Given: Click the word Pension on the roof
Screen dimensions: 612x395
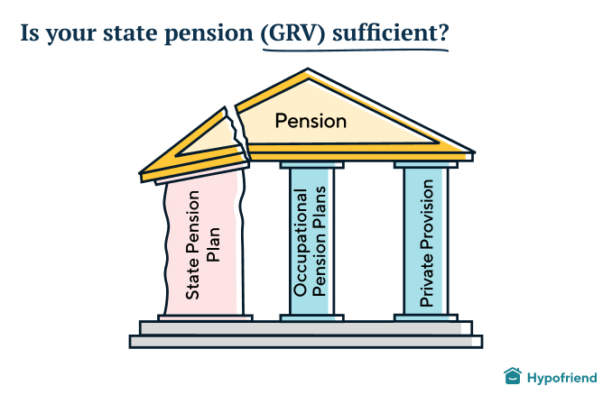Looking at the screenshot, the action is click(311, 121).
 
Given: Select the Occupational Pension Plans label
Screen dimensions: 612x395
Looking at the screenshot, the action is click(310, 242).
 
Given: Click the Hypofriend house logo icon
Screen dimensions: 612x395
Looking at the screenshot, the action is click(513, 375).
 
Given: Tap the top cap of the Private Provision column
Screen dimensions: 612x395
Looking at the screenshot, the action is click(427, 165).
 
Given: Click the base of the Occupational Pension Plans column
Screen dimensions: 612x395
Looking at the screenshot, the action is click(311, 317).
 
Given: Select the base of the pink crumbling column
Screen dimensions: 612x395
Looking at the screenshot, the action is click(205, 317).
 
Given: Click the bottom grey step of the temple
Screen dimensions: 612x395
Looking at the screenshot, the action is click(306, 341).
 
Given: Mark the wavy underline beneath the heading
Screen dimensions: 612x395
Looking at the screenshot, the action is click(352, 50).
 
